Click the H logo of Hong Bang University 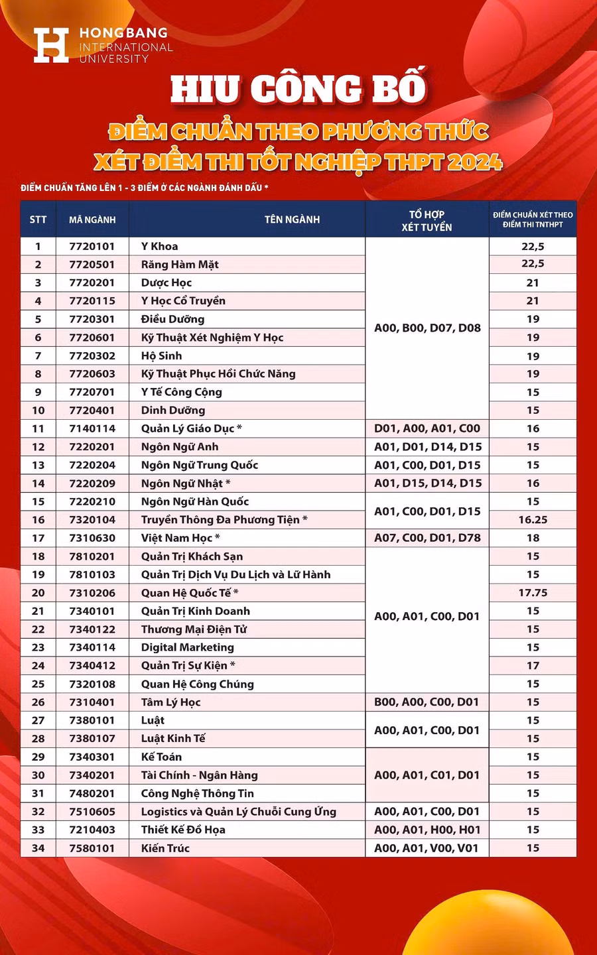tap(51, 45)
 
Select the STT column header tap(38, 220)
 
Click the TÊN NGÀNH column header tap(292, 220)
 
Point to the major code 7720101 tap(92, 246)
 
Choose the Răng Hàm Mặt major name tap(180, 265)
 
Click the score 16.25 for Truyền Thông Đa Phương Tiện tap(533, 520)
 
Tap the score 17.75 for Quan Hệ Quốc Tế tap(533, 593)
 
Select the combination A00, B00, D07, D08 tap(427, 328)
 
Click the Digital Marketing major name tap(188, 647)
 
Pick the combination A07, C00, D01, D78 tap(427, 538)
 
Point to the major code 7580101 tap(92, 848)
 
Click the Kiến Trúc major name tap(165, 848)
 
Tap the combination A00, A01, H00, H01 tap(427, 830)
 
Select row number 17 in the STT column tap(38, 538)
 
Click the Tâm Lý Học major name tap(170, 702)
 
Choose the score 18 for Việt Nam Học tap(533, 538)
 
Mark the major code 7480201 tap(92, 793)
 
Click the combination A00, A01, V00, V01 tap(427, 848)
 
